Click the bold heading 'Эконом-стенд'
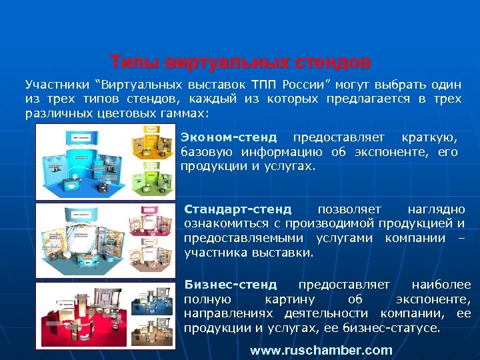(x=228, y=138)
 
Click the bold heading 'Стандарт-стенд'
(x=237, y=210)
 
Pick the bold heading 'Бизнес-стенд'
(x=231, y=285)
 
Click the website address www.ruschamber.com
(x=321, y=350)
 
